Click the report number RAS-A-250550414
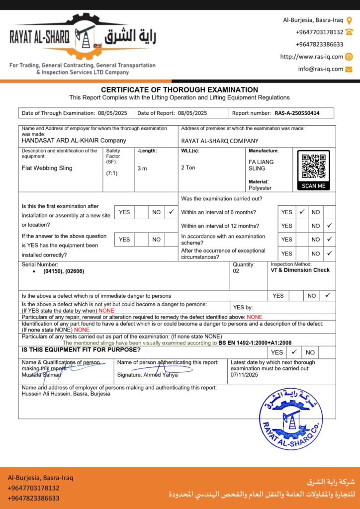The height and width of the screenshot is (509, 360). pos(297,113)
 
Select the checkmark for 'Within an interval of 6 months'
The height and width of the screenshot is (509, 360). pos(301,212)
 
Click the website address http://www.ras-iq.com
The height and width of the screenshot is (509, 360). pos(312,57)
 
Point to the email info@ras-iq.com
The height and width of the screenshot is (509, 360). pos(321,69)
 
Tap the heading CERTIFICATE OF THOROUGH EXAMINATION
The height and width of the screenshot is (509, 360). pos(180,89)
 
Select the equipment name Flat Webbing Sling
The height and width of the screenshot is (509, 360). pos(47,168)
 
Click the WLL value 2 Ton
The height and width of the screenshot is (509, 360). pos(188,168)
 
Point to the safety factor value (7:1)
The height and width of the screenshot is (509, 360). pos(111,173)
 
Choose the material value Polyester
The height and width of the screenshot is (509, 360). pos(260,188)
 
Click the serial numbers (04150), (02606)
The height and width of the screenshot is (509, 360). pos(64,271)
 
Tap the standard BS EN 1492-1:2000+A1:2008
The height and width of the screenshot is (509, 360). pos(255,343)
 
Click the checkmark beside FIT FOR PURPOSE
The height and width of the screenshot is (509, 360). pos(294,352)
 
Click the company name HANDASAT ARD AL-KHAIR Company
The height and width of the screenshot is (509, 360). pos(74,140)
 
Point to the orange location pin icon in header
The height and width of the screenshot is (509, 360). pos(349,20)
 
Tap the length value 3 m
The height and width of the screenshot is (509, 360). pos(142,169)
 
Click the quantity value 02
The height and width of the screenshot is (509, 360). pos(236,271)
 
